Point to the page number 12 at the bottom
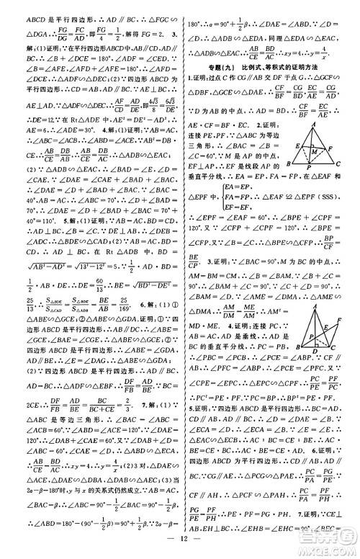coord(181,545)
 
